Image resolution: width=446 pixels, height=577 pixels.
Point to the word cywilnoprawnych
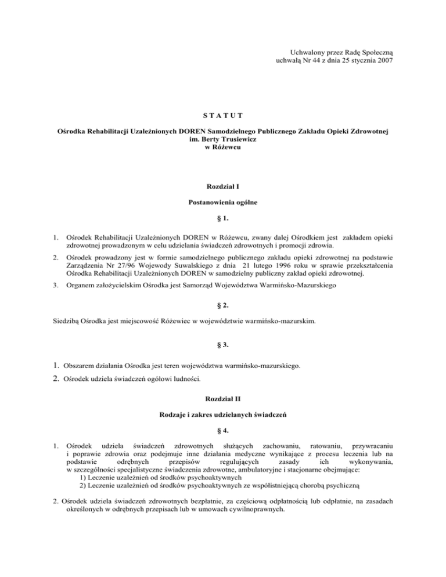tap(254, 509)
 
